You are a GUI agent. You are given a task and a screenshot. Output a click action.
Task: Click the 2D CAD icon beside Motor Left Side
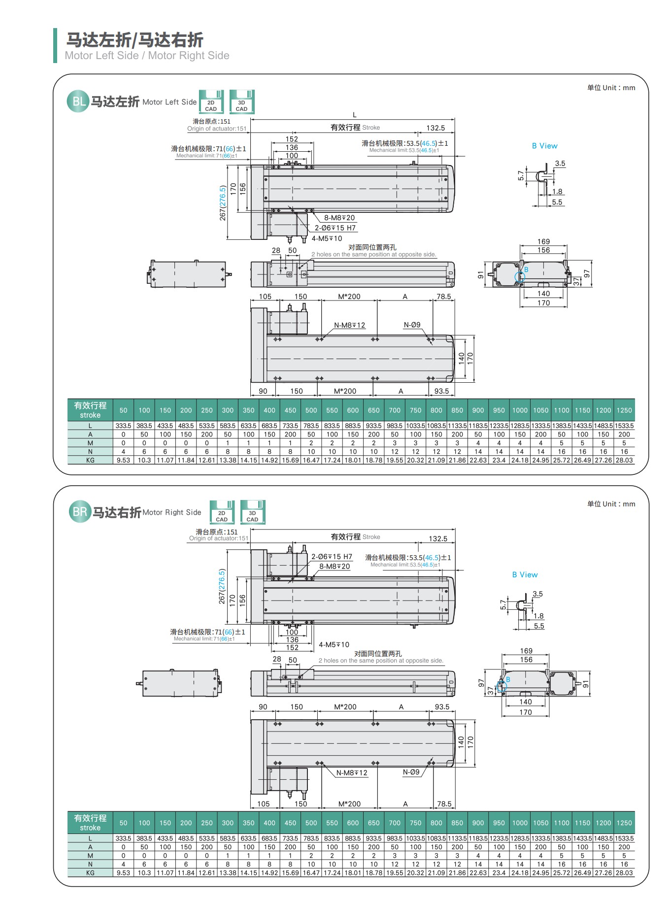click(211, 102)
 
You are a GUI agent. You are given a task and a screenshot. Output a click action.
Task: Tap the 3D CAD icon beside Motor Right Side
click(252, 512)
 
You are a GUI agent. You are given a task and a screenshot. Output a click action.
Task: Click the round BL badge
click(78, 101)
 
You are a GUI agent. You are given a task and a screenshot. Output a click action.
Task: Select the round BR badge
click(80, 512)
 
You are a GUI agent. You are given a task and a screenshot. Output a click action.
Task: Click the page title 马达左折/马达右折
click(134, 40)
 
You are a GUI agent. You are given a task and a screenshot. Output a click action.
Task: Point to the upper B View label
click(544, 146)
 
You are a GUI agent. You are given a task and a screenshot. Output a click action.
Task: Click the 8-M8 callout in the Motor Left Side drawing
click(339, 218)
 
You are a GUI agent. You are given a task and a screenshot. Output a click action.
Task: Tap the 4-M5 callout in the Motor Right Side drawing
click(334, 644)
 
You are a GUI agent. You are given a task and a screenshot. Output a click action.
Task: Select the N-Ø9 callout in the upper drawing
click(412, 325)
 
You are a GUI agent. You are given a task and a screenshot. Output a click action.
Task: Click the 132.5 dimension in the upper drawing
click(436, 128)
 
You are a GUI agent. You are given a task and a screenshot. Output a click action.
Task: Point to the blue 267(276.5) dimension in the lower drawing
click(222, 587)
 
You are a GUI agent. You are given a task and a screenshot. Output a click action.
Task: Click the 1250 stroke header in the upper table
click(624, 410)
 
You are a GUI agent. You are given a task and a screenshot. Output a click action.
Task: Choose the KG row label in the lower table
click(90, 872)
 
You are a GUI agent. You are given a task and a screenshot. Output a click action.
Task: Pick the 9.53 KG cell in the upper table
click(123, 460)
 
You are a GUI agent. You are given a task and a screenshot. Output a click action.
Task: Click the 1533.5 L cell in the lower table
click(624, 838)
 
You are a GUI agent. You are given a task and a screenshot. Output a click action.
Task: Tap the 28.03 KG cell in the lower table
click(624, 872)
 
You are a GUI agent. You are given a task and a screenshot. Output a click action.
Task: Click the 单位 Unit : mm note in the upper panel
click(611, 88)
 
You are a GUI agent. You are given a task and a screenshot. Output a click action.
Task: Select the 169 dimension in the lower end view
click(526, 651)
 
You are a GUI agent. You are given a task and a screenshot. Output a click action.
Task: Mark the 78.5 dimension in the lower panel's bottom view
click(444, 803)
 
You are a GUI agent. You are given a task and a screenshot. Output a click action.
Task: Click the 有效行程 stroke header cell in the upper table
click(90, 410)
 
